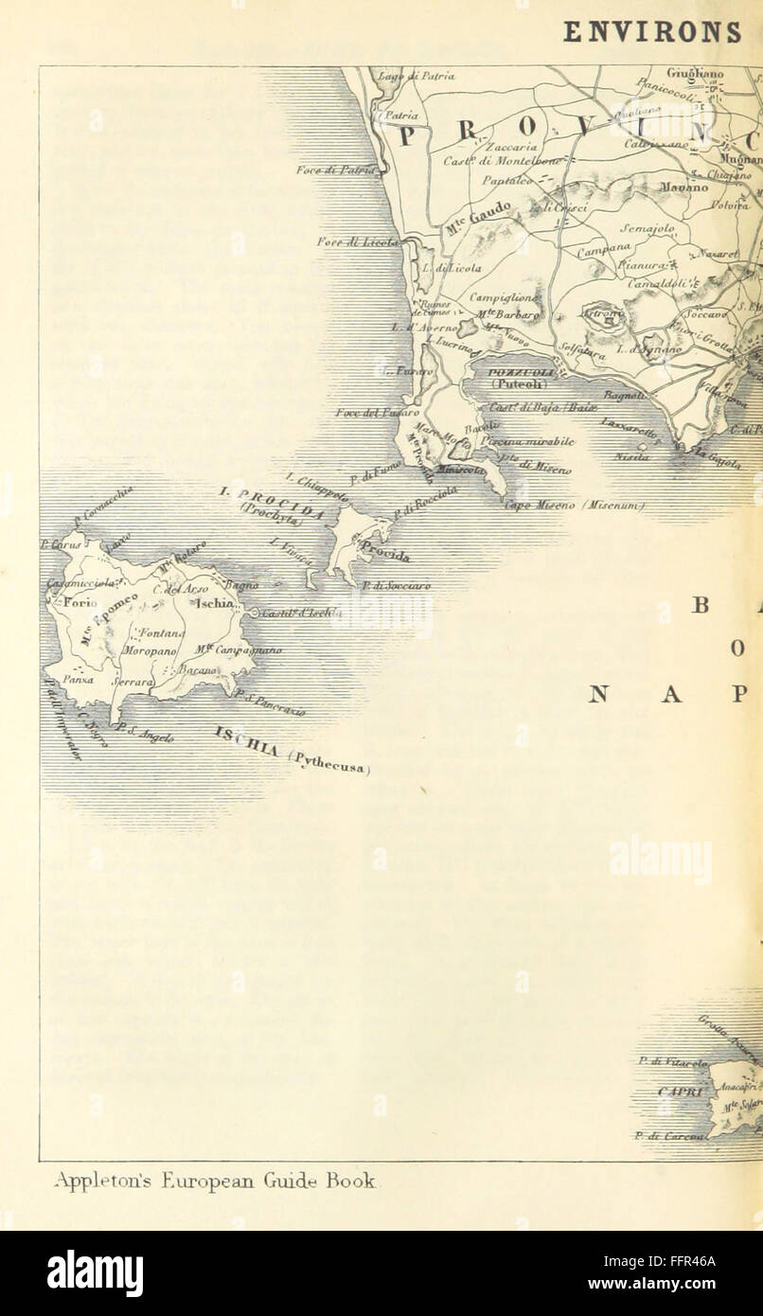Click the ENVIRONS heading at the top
click(653, 31)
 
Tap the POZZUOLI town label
click(514, 373)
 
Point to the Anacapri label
click(738, 1088)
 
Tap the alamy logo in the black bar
click(95, 1273)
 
